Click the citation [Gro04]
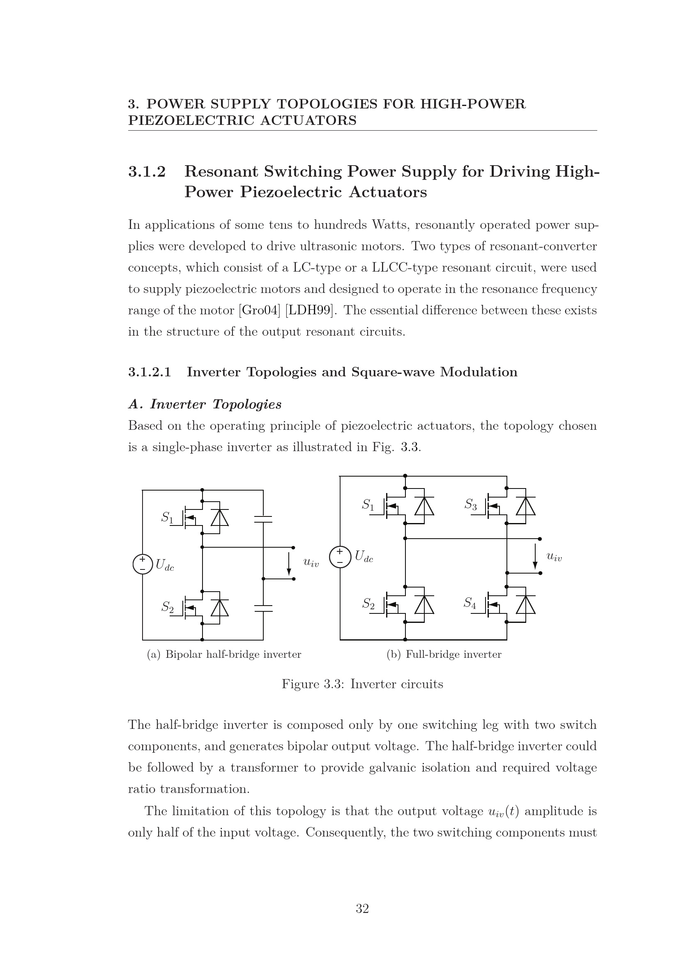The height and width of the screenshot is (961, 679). [x=259, y=310]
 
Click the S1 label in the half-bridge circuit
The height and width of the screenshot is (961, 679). [x=167, y=518]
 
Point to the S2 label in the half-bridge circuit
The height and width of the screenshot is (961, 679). [x=167, y=607]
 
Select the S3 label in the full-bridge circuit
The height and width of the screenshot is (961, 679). [x=471, y=505]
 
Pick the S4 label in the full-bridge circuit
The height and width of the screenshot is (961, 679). [x=470, y=603]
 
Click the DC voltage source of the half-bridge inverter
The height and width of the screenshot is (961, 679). [x=142, y=564]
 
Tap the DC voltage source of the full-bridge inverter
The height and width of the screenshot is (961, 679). [x=340, y=558]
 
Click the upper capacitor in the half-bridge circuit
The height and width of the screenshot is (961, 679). [x=263, y=519]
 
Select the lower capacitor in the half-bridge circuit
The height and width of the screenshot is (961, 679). [x=263, y=608]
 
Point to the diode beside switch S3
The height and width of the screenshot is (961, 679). [x=525, y=507]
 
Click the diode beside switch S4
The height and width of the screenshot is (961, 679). [x=525, y=605]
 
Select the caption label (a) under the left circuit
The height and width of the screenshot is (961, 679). [x=154, y=654]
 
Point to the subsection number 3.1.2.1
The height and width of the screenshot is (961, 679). [x=150, y=372]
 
